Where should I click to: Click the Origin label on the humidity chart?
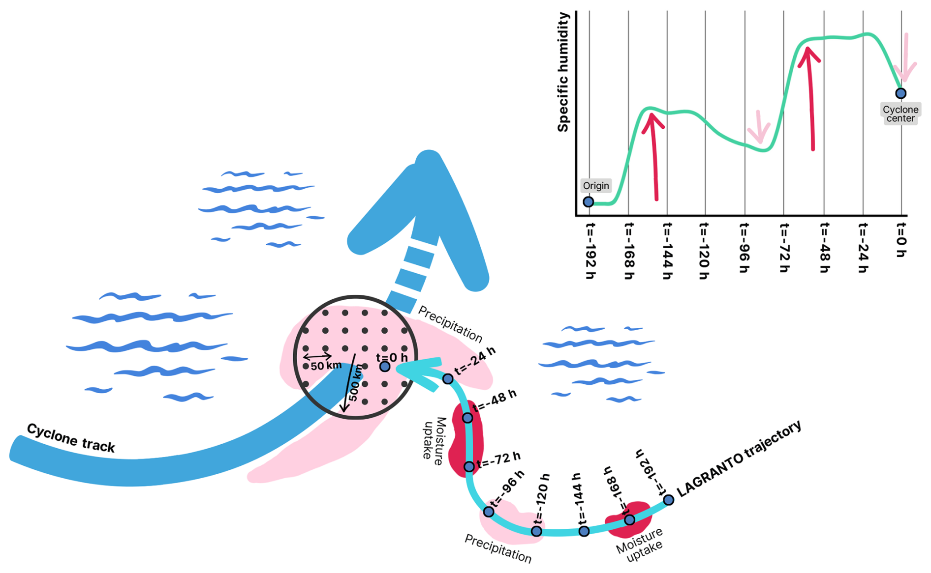click(x=596, y=186)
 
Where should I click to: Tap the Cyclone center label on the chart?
click(x=900, y=114)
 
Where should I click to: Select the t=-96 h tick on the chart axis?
click(x=744, y=248)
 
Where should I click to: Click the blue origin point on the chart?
click(x=588, y=201)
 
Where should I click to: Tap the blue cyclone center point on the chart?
click(x=900, y=93)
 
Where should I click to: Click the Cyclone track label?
click(x=71, y=437)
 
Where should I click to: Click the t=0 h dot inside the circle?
click(x=385, y=366)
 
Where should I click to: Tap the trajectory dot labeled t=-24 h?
click(x=448, y=379)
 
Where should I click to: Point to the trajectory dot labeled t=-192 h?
click(x=668, y=500)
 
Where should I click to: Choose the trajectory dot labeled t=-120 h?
click(x=536, y=531)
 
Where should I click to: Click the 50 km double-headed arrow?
click(x=317, y=356)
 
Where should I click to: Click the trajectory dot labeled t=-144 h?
click(x=584, y=531)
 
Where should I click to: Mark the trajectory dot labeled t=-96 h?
click(x=488, y=512)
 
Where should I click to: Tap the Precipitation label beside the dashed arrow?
click(x=450, y=324)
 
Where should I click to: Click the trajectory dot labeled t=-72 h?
click(x=469, y=466)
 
